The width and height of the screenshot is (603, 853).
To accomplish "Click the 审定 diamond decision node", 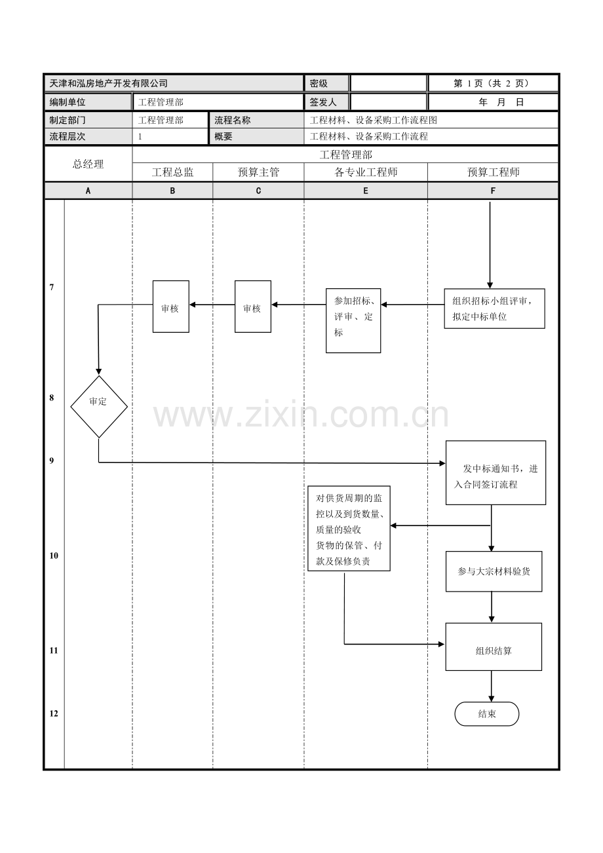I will click(99, 406).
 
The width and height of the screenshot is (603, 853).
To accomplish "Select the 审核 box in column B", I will click(171, 307).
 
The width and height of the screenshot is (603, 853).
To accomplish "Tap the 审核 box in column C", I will click(253, 307).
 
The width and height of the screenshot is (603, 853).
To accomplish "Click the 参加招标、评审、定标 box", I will click(353, 320).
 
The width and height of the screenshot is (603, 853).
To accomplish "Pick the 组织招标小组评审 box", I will click(494, 308).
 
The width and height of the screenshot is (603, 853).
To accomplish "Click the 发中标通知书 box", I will click(496, 472).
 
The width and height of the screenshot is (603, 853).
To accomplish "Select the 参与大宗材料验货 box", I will click(494, 571).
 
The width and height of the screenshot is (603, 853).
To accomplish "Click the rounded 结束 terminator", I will click(487, 714).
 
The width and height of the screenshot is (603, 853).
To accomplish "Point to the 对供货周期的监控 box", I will click(349, 528).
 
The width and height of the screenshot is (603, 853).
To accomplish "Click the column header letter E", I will click(365, 191).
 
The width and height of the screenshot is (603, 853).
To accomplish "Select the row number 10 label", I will click(54, 556).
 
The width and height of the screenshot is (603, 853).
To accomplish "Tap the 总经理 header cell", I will click(88, 164).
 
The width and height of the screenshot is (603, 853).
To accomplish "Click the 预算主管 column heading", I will click(258, 172).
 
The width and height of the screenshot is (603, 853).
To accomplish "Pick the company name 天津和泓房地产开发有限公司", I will click(109, 83).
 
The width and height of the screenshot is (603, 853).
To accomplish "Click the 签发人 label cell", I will click(323, 102).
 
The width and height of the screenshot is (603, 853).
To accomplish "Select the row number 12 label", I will click(54, 713).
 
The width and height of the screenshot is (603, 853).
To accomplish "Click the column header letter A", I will click(88, 191).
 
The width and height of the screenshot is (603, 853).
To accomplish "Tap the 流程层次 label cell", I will click(68, 137).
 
